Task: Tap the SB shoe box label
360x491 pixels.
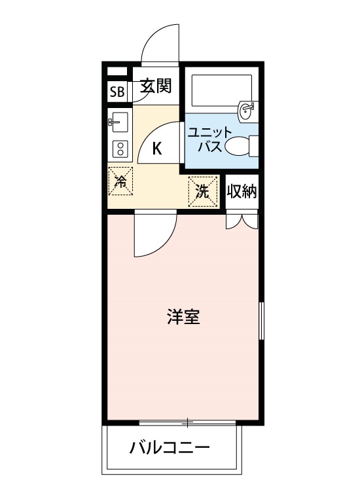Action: click(117, 91)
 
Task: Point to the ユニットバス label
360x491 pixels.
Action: click(206, 138)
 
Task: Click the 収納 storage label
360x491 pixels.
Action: click(242, 191)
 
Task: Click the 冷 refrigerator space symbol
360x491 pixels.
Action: click(120, 181)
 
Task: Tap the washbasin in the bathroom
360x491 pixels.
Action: click(247, 111)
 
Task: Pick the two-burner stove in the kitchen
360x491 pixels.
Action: click(120, 149)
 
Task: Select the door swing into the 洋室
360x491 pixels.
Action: click(154, 236)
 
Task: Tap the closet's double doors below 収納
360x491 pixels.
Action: click(242, 221)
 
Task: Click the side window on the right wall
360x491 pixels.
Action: click(261, 320)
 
